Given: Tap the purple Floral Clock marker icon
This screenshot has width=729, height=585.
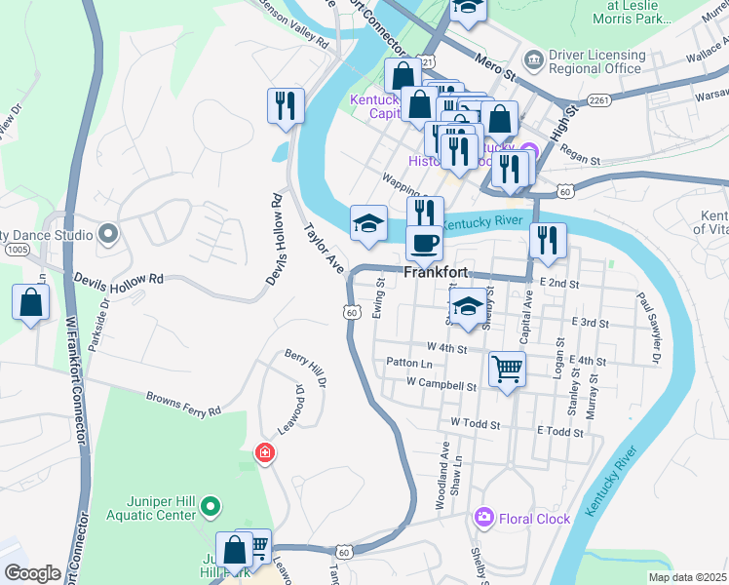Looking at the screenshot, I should pos(482,517).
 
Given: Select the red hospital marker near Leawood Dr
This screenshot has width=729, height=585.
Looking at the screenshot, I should pos(264,452).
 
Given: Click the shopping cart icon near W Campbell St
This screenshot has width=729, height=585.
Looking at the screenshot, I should pos(506,370).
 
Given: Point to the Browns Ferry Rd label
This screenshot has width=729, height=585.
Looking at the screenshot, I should pos(183,404).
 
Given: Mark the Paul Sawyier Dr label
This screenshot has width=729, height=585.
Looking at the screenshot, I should pos(648,328).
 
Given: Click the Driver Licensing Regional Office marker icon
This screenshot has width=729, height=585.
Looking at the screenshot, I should pos(533,60).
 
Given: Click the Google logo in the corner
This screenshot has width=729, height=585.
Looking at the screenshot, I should pos(32,574).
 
